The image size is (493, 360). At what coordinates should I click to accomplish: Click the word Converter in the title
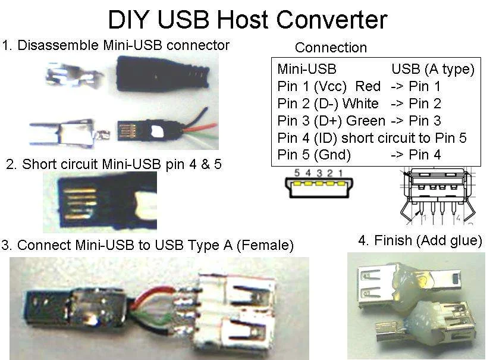321,20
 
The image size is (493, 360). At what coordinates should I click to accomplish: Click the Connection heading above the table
331,48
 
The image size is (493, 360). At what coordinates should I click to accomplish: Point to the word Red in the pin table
368,86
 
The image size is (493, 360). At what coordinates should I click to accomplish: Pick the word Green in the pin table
366,121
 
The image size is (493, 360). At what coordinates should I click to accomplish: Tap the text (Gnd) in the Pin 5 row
332,155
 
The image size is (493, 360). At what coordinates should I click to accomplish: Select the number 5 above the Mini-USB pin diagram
290,173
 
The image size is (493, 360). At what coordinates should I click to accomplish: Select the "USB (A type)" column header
432,69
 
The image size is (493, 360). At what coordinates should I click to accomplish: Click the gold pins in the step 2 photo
77,202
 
